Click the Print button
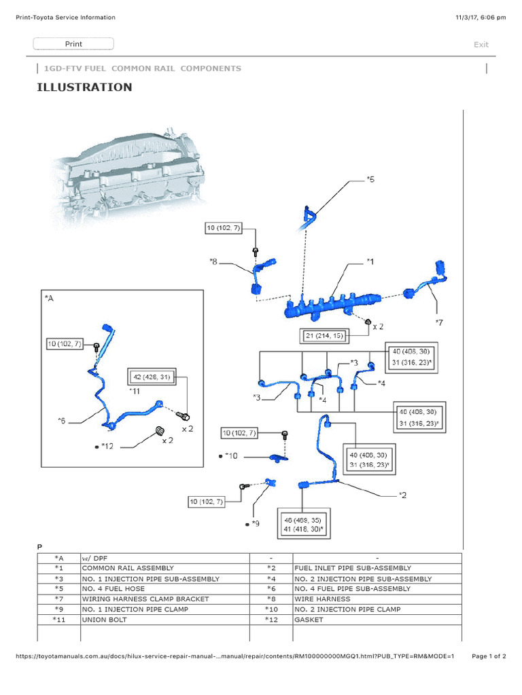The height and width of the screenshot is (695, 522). [x=73, y=44]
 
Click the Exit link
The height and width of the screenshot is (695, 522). [x=481, y=45]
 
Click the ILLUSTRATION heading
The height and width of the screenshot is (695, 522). [x=84, y=88]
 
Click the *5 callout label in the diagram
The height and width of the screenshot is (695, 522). [x=370, y=179]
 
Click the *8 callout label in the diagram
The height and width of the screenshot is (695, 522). [x=213, y=261]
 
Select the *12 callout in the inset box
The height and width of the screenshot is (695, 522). [x=107, y=446]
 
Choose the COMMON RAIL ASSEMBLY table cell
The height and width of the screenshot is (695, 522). [x=128, y=568]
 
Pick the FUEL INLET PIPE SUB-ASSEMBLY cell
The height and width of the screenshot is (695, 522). [x=352, y=568]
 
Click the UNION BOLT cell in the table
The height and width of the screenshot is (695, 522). [x=104, y=620]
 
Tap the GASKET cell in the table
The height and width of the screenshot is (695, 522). [x=309, y=620]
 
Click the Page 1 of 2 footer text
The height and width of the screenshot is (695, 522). [x=489, y=656]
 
